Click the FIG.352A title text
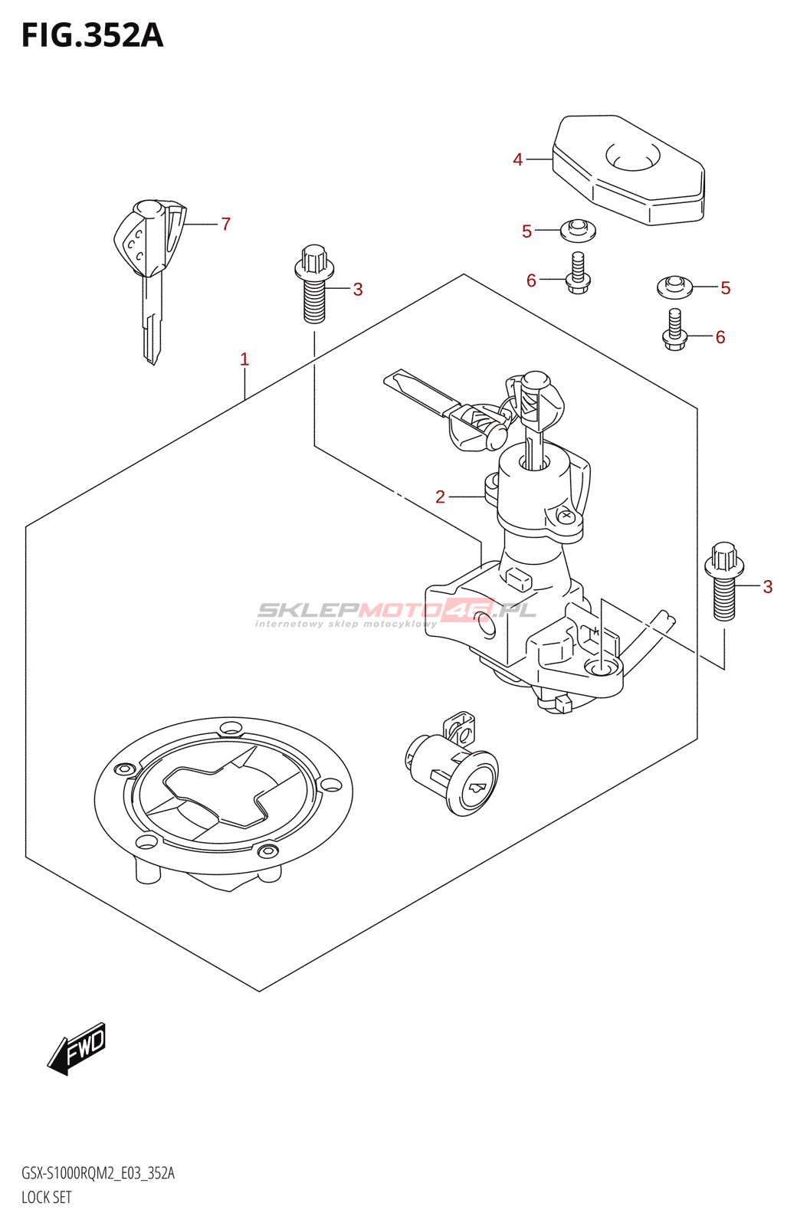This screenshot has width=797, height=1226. coord(93,36)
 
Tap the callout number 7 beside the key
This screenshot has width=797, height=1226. coord(226,224)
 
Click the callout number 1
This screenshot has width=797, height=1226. coord(244,359)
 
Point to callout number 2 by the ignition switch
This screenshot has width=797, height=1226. coord(440,497)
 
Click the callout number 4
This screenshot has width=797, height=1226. coord(518,159)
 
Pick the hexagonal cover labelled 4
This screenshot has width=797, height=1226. coord(628,170)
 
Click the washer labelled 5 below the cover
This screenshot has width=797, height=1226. coord(578,229)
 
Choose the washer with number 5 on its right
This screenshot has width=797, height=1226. coord(674,287)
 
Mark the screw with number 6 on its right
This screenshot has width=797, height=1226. coord(674,330)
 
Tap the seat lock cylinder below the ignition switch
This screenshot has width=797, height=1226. coord(453,770)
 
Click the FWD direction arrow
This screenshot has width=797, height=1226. coord(77,1047)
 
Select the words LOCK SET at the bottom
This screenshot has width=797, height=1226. coord(46,1197)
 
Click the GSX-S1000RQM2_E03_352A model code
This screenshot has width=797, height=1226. coord(98,1173)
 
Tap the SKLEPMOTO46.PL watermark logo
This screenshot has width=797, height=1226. coord(395,611)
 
